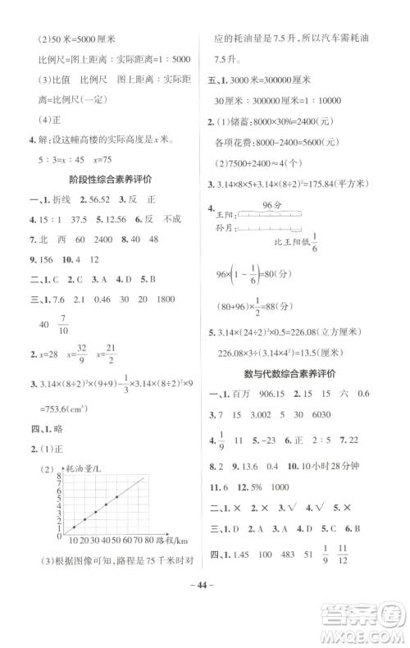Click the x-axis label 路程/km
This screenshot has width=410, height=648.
click(173, 542)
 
